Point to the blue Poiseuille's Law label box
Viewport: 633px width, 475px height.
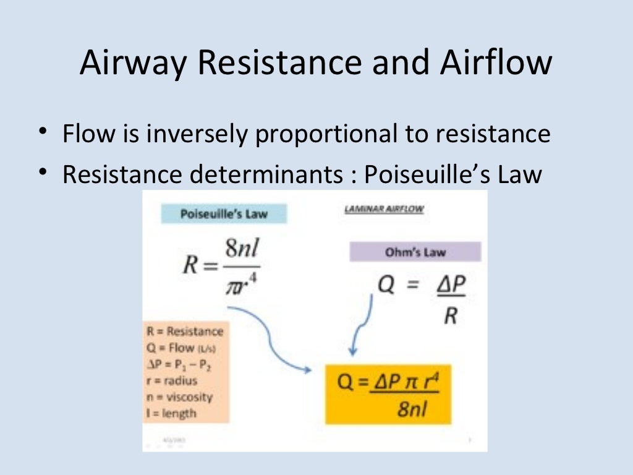click(x=224, y=214)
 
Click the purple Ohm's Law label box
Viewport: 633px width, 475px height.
click(x=415, y=252)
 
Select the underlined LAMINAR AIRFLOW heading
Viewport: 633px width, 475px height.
click(x=383, y=209)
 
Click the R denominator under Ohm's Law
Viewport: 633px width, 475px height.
click(x=451, y=316)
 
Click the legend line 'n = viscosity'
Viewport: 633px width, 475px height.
click(x=180, y=396)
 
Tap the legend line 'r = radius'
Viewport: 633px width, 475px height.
click(x=172, y=380)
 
